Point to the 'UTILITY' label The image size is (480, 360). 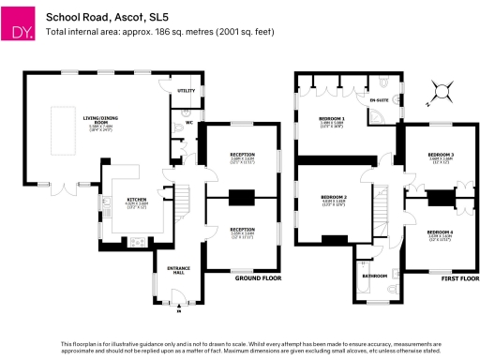pos(185,91)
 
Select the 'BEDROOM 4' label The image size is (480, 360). pos(441,231)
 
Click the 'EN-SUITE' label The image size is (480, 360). pos(379,99)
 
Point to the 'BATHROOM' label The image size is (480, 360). pos(374,276)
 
